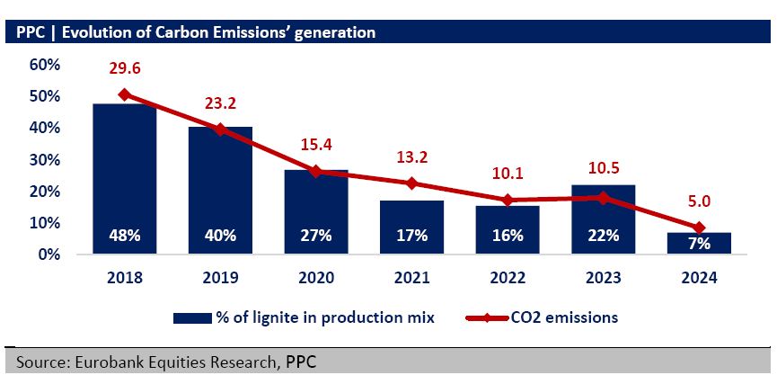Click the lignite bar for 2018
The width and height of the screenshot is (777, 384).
(x=125, y=171)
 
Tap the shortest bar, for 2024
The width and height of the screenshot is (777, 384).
(x=699, y=244)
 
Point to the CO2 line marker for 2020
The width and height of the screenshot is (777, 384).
(x=315, y=171)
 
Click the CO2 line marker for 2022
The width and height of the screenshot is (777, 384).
(x=508, y=200)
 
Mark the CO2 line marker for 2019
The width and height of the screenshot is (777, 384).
(x=220, y=129)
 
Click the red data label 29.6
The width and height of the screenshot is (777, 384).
(x=125, y=68)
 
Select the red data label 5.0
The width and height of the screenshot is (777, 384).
(x=699, y=203)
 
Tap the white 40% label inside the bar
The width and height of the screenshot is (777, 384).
(x=220, y=236)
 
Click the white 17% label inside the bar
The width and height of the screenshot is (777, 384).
(x=411, y=236)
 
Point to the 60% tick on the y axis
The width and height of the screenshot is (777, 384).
(x=44, y=65)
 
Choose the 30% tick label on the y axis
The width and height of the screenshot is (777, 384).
(x=44, y=160)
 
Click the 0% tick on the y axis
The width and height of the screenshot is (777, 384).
(x=48, y=255)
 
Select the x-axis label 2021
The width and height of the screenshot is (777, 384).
(x=411, y=278)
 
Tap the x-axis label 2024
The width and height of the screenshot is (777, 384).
(x=699, y=278)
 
